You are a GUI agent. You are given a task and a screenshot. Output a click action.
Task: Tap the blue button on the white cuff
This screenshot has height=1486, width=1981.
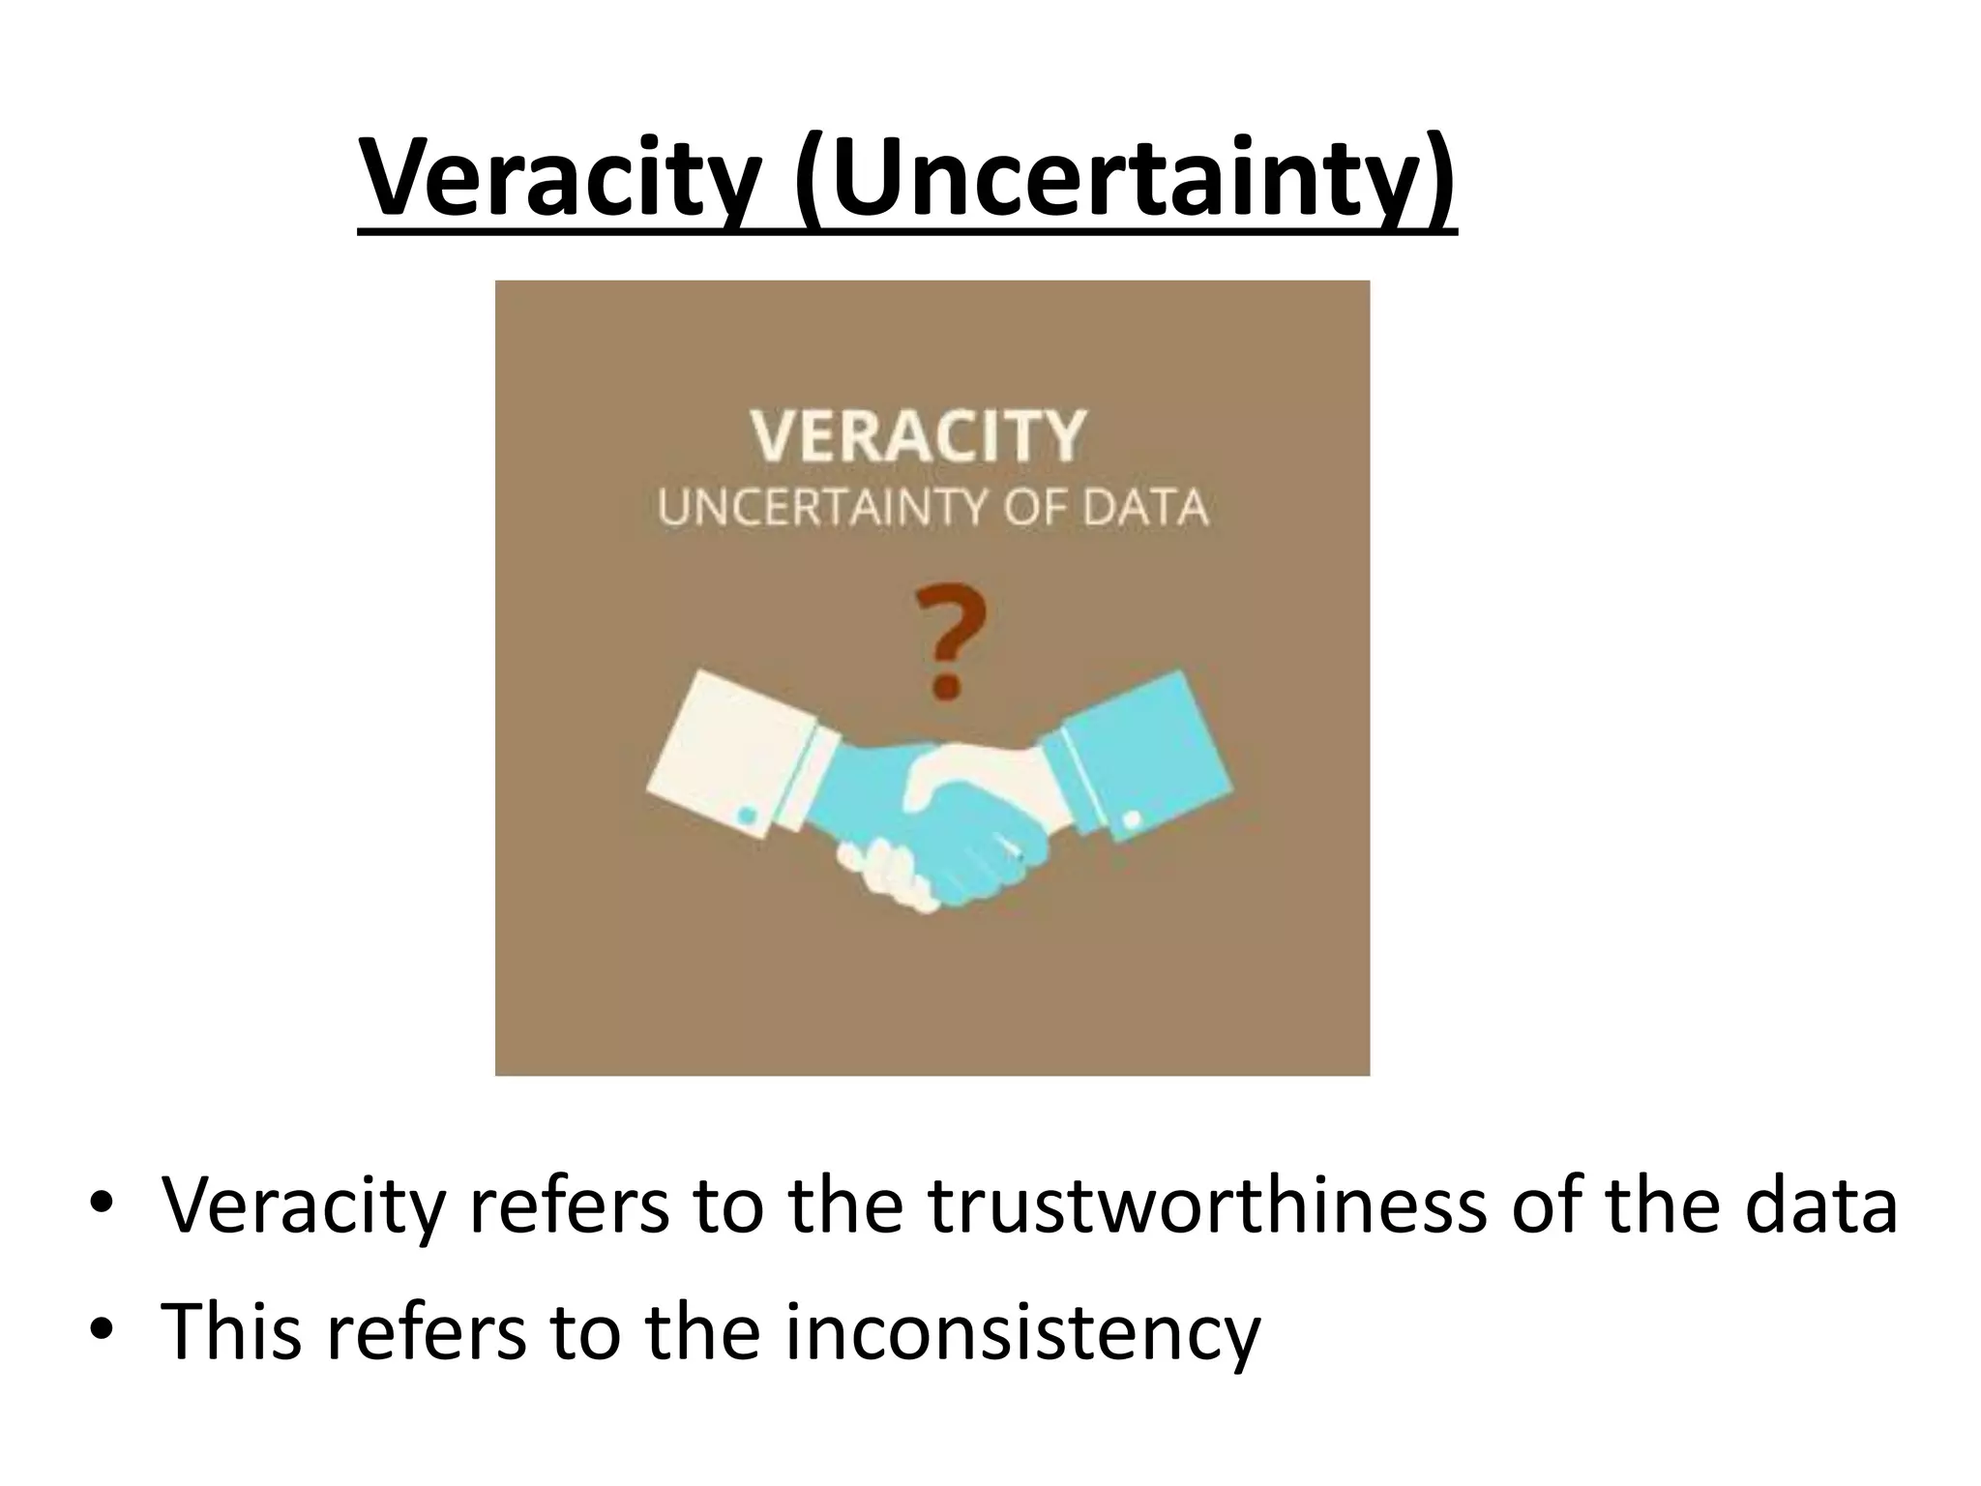coord(747,816)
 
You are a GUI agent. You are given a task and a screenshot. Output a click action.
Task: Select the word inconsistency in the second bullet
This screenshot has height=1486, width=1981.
coord(1021,1331)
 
